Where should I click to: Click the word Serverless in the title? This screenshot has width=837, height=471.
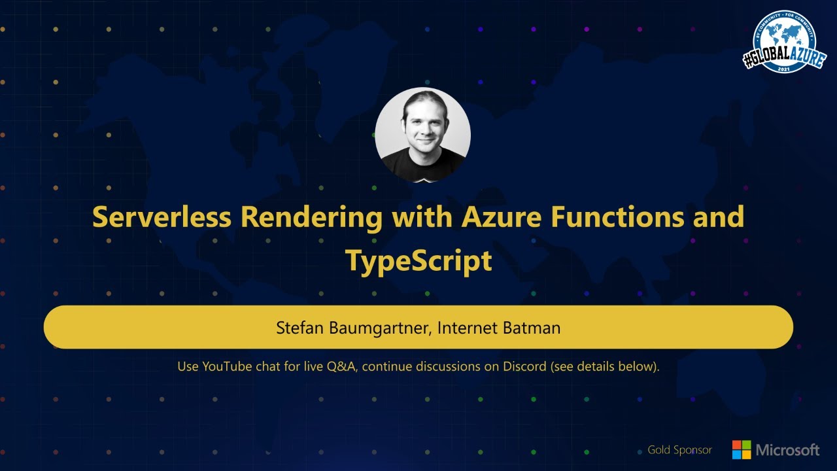[162, 217]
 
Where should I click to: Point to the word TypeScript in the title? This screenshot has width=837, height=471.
[418, 260]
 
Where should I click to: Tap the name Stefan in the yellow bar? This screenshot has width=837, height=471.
[296, 327]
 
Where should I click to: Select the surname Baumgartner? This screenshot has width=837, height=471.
[375, 327]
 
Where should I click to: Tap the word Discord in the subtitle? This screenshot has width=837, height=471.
[524, 366]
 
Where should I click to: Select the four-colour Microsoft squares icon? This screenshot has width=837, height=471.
[742, 449]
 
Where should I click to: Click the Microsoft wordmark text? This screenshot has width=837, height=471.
[787, 450]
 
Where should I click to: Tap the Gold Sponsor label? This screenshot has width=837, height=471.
[679, 450]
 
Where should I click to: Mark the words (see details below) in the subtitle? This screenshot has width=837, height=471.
[604, 366]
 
